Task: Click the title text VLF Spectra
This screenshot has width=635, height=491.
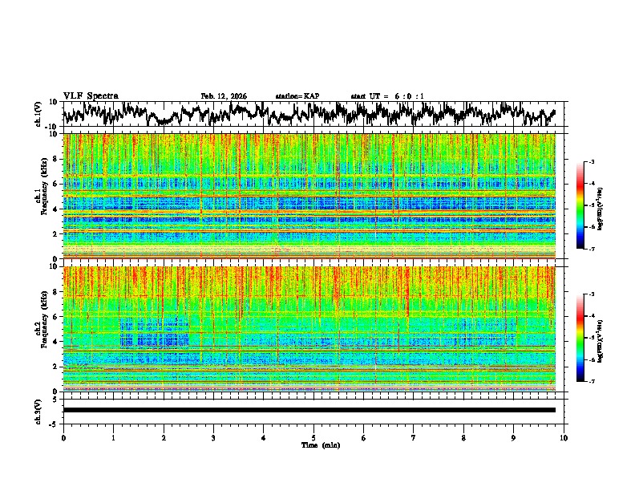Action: click(90, 95)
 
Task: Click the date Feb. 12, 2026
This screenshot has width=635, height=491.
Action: click(224, 96)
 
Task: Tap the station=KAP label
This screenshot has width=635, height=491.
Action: click(297, 96)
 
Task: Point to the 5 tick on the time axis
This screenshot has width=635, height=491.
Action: click(313, 437)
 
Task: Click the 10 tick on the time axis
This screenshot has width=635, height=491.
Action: click(564, 437)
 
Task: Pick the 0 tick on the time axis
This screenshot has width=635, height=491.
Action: click(63, 437)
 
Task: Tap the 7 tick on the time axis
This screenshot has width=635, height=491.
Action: click(414, 437)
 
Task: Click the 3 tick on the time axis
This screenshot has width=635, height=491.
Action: click(213, 437)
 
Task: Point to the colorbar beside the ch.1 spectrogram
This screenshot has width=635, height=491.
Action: click(589, 205)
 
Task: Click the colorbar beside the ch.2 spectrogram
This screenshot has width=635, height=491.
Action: click(589, 338)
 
